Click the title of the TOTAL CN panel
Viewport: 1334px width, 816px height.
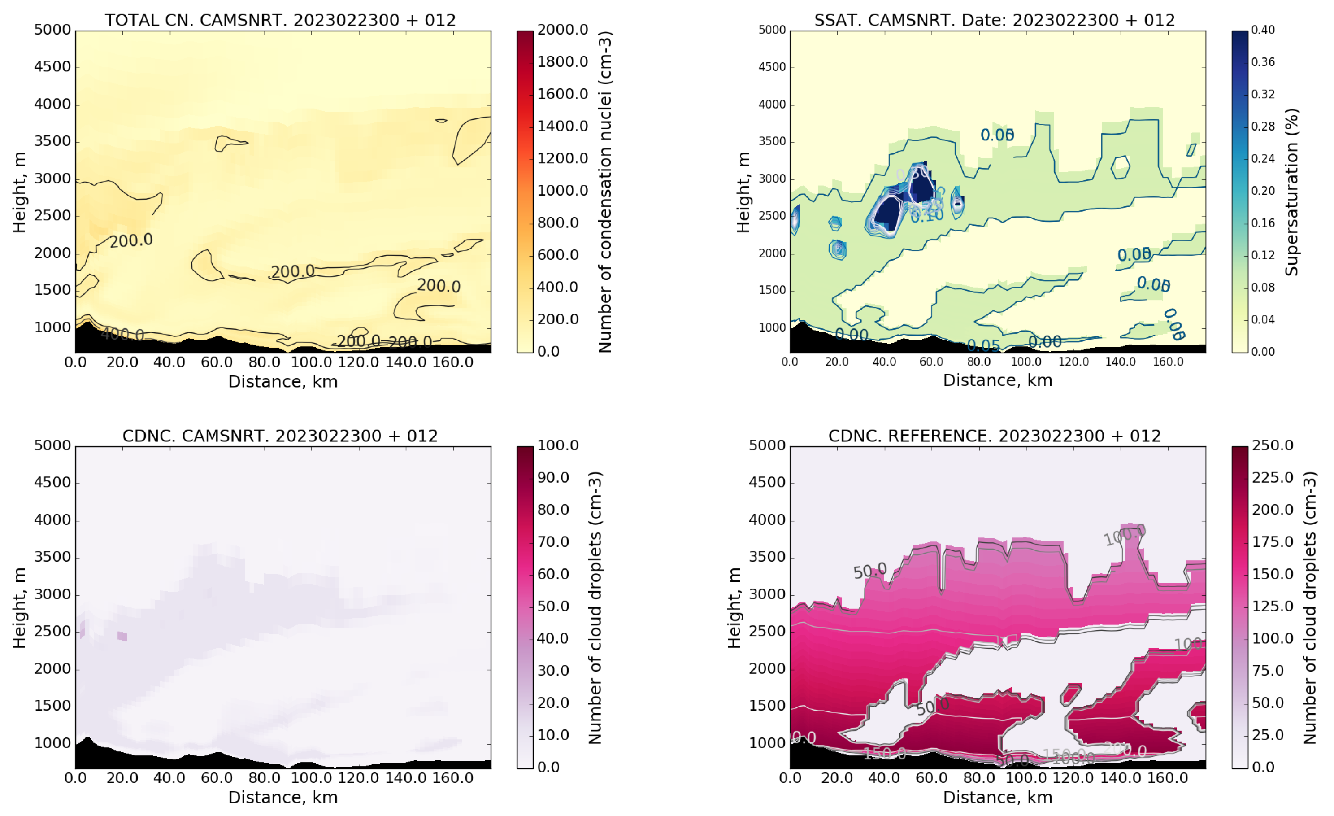click(x=280, y=20)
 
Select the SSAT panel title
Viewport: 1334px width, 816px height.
click(x=994, y=20)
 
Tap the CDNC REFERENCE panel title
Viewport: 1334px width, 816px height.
click(x=994, y=436)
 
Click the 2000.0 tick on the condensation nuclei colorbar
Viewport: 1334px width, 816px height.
click(x=562, y=30)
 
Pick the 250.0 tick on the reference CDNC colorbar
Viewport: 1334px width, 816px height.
click(x=1272, y=445)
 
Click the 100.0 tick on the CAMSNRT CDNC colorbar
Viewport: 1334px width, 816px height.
click(x=558, y=445)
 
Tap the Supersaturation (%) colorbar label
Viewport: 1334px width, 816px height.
click(x=1292, y=192)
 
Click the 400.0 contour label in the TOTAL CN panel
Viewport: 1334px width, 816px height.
click(x=122, y=335)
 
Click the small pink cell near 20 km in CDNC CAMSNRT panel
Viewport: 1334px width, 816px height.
click(x=122, y=636)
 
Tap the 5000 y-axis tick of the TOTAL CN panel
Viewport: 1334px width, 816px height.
click(x=52, y=30)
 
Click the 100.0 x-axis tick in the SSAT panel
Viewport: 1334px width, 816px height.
click(x=1026, y=362)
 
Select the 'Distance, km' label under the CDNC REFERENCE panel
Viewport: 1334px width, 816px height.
click(x=997, y=798)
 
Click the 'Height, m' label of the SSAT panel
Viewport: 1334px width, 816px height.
click(x=743, y=192)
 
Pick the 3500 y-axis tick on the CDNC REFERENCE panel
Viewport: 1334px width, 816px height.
click(x=767, y=557)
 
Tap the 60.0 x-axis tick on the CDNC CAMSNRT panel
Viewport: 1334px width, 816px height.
click(x=217, y=778)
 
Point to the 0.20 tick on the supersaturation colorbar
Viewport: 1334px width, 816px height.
click(x=1263, y=191)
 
